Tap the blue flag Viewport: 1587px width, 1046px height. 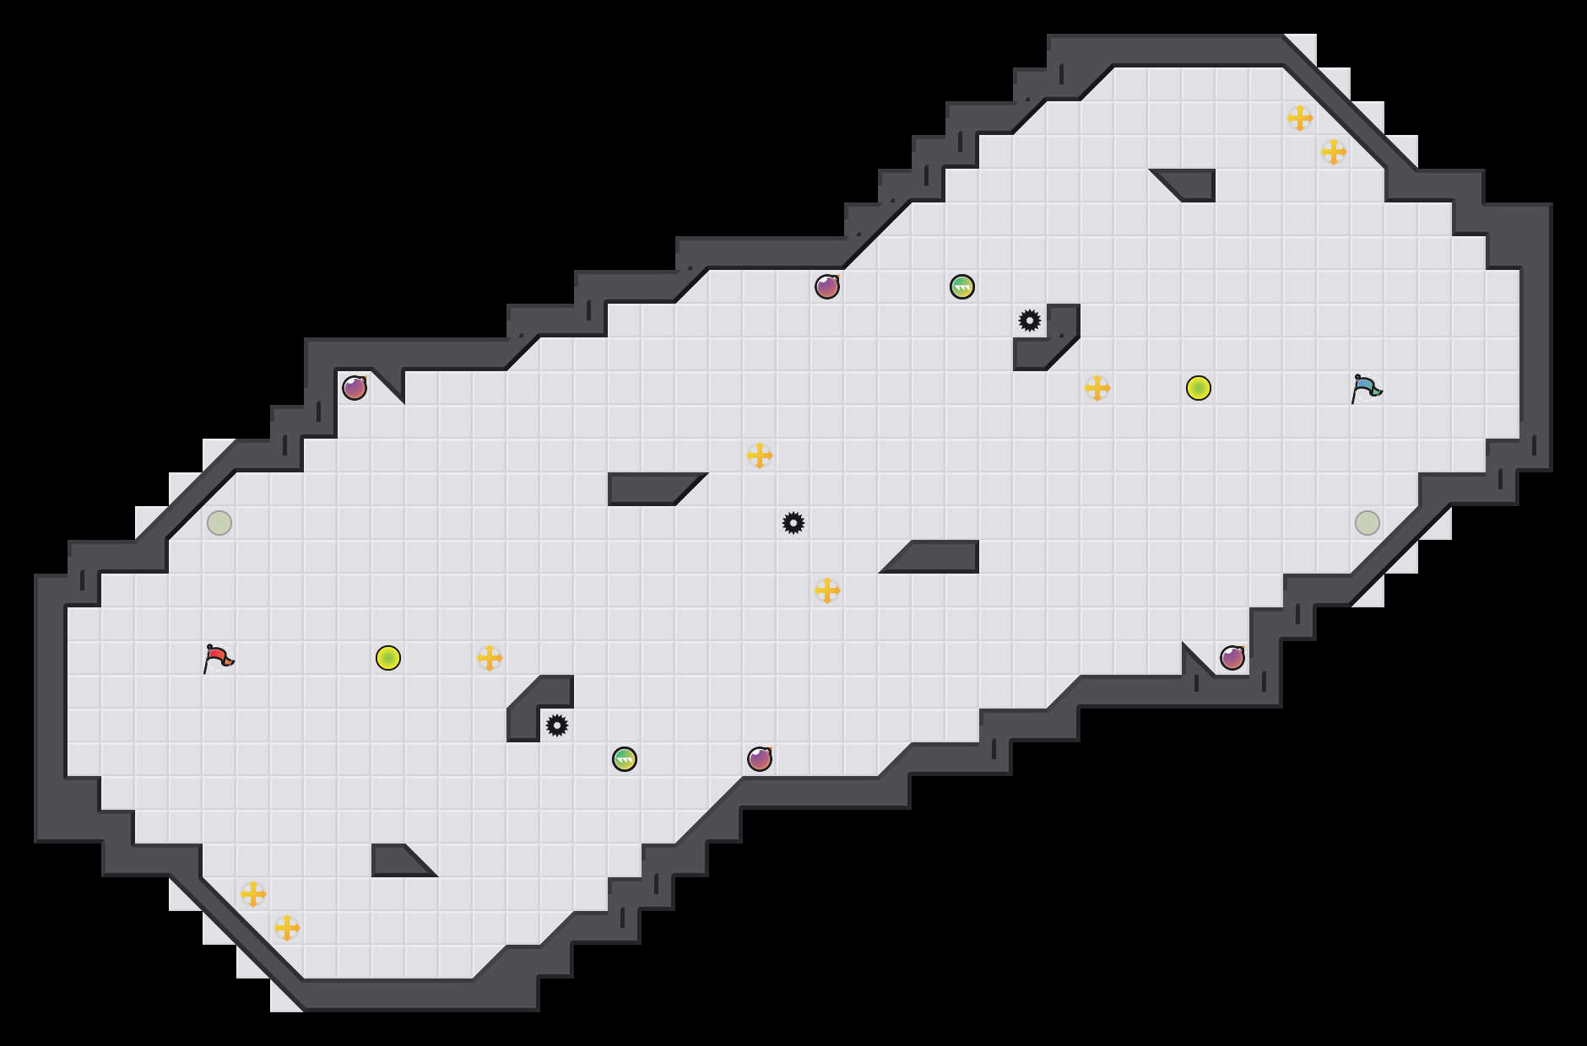[1365, 388]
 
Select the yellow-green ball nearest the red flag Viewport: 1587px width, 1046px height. [388, 658]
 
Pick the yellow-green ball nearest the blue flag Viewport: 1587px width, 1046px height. [1199, 388]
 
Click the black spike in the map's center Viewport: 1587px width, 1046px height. [793, 523]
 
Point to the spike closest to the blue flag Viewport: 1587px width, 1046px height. [1030, 321]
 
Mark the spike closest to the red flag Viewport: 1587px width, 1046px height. [557, 725]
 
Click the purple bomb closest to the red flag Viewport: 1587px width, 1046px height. [355, 388]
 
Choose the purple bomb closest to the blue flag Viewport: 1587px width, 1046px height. [1232, 658]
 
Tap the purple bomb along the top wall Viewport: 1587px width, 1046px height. [827, 287]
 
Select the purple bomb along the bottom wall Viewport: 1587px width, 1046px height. [760, 759]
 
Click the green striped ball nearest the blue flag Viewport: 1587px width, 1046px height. [962, 287]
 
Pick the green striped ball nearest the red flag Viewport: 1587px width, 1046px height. [625, 759]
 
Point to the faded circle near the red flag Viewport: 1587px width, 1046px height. [219, 523]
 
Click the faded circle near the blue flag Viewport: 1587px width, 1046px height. [1368, 523]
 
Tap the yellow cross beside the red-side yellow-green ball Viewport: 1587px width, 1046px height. [490, 658]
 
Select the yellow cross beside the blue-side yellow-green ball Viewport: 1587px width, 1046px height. [1097, 388]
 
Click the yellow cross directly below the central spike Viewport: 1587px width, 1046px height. [827, 590]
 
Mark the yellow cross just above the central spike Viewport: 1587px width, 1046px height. [760, 456]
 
